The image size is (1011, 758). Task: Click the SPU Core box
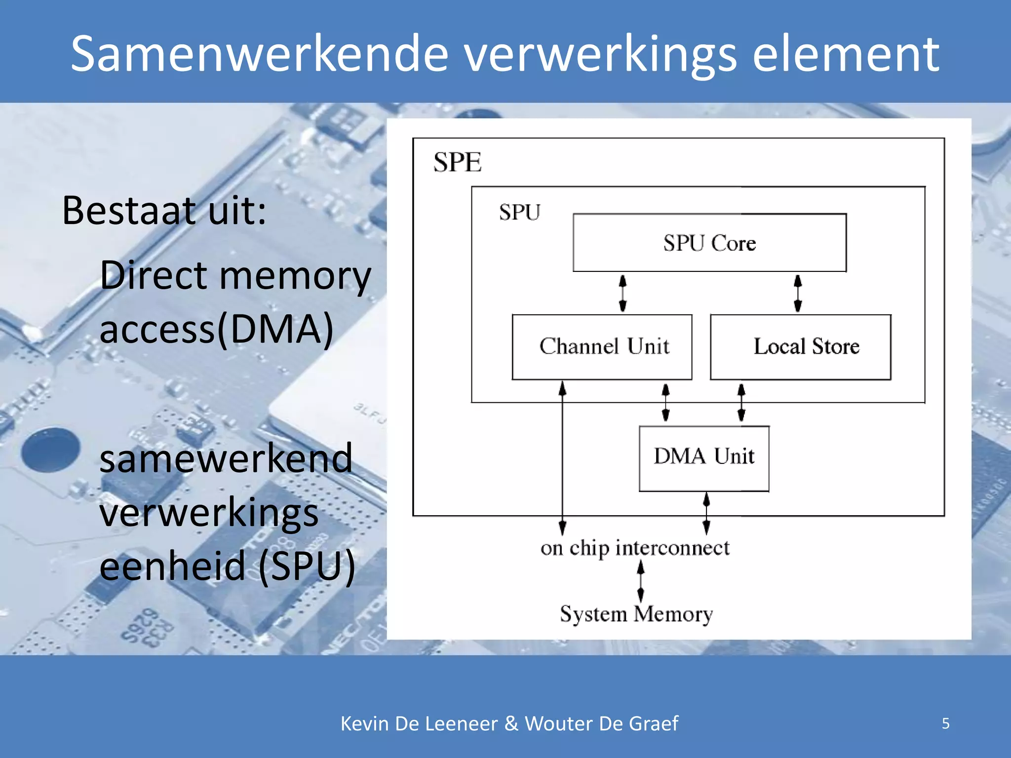[709, 243]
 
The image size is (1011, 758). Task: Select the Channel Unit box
[602, 346]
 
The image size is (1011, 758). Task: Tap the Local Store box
[800, 346]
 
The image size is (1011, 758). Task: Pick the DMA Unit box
[704, 458]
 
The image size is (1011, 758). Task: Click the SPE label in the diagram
[457, 162]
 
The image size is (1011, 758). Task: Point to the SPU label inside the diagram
[519, 213]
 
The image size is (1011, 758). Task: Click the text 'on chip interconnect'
[635, 548]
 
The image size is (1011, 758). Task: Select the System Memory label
[636, 614]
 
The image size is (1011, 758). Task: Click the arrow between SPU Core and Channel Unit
[622, 293]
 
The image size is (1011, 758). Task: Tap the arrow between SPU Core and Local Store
[798, 293]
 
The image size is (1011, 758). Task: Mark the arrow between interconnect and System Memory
[641, 581]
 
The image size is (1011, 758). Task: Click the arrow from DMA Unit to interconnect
[706, 513]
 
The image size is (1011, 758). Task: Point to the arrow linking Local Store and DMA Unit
[741, 403]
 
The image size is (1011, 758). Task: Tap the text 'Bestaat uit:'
[164, 211]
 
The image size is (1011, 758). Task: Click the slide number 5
[945, 723]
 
